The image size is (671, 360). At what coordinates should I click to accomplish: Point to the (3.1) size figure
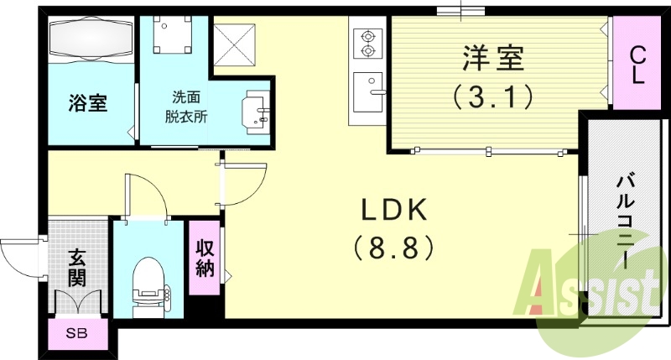click(x=493, y=97)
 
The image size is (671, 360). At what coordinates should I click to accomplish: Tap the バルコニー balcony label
click(x=625, y=220)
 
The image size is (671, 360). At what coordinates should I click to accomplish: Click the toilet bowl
click(x=152, y=285)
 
